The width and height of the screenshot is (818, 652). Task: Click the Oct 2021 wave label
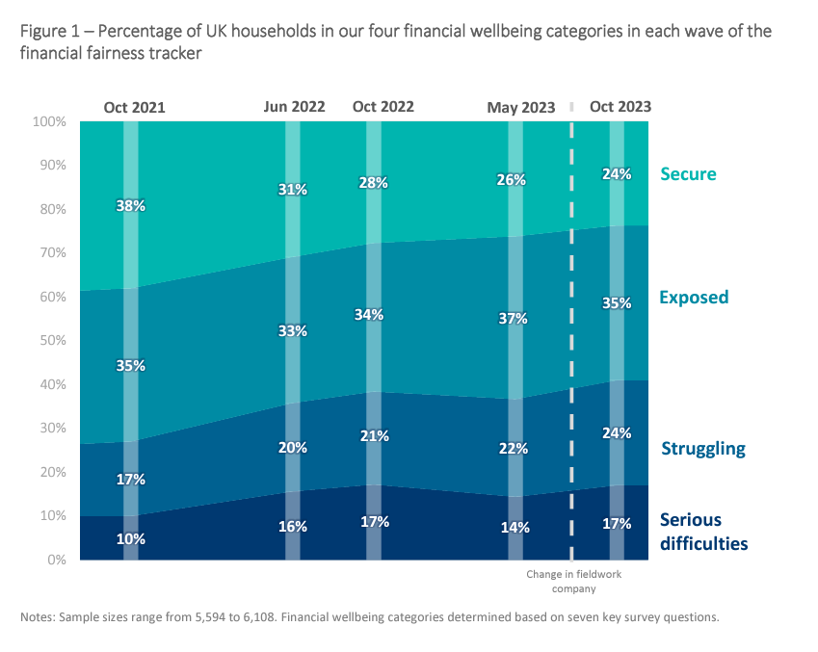[134, 108]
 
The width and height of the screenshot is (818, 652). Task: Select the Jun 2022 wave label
[294, 107]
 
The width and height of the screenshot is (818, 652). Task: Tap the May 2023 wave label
[521, 108]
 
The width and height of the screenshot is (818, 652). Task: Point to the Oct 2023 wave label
[620, 107]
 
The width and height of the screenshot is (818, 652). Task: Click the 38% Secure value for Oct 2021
[131, 205]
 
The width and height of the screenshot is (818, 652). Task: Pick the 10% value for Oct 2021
[131, 539]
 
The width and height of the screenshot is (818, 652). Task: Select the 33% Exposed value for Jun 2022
[293, 330]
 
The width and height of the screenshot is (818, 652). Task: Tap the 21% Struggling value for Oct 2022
[374, 436]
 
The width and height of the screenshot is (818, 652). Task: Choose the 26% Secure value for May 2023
[512, 180]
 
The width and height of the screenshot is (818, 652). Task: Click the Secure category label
[688, 174]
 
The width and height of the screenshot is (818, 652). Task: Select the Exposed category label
[694, 298]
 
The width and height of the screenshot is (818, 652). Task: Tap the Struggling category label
[703, 449]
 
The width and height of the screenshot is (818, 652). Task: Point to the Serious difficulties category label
[703, 532]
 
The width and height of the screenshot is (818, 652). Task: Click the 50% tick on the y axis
[50, 341]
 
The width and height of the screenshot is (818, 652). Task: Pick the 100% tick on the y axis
[48, 122]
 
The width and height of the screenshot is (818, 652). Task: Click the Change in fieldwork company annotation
[574, 581]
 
